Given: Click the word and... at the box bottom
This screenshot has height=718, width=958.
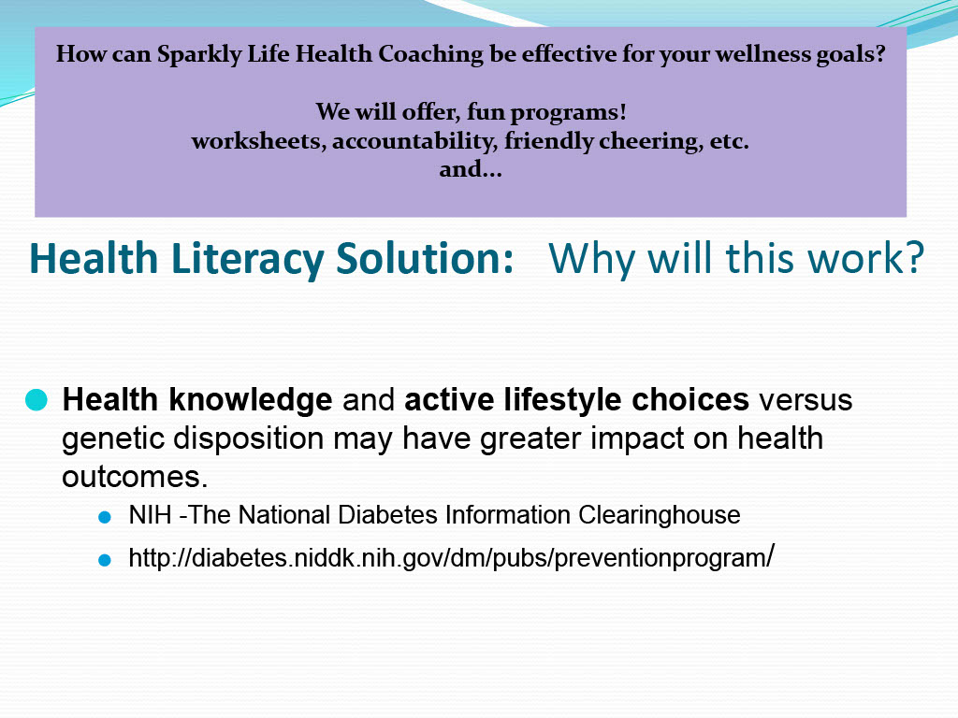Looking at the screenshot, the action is tap(471, 169).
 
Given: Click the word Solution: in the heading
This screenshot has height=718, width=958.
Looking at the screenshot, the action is tap(425, 258).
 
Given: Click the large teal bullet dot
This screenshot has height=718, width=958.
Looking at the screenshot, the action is tap(36, 400).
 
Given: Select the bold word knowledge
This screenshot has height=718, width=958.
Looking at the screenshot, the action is tap(251, 400).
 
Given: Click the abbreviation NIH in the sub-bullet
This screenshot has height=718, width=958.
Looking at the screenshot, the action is tap(150, 515).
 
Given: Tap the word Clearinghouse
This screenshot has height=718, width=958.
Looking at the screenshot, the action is tap(660, 516).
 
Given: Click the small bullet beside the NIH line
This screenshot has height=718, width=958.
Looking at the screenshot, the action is tap(105, 518).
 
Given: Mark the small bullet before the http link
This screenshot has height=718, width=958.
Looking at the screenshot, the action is tap(105, 560).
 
